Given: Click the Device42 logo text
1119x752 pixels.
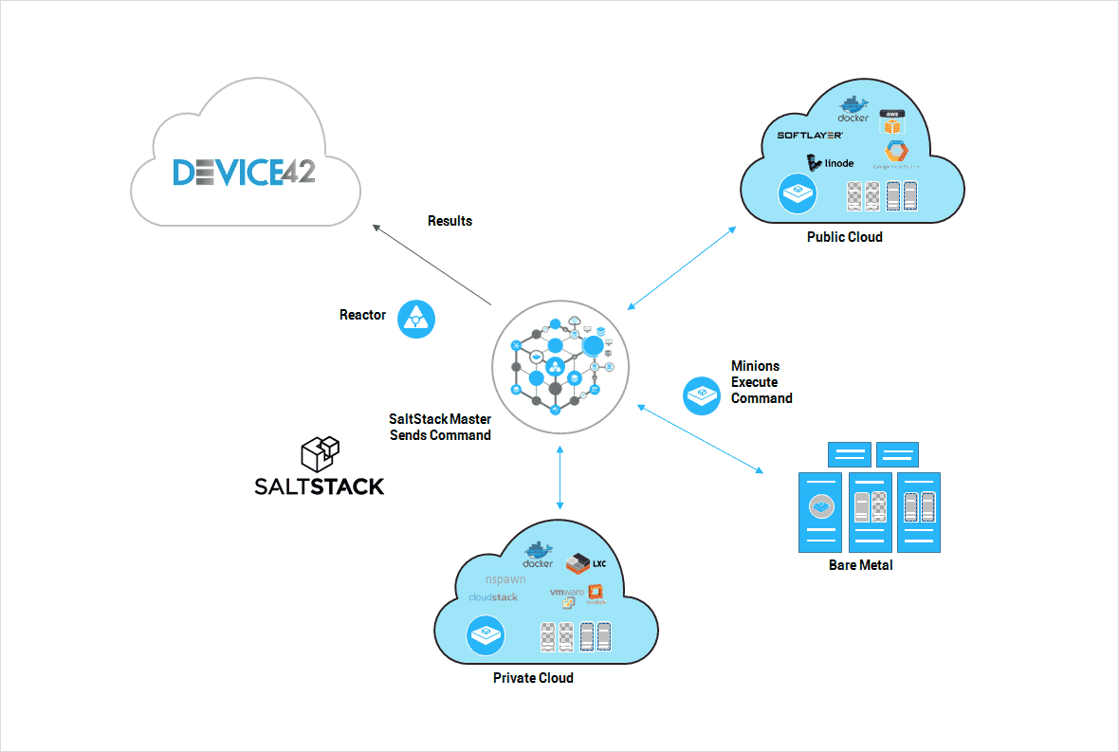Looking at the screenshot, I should pos(245,172).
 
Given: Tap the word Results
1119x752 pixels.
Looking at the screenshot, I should pos(449,221).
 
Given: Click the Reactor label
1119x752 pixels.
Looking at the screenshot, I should pos(362,315).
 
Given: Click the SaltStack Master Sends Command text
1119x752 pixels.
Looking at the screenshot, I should pos(440,427).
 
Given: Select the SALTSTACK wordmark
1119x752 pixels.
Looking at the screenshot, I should pos(320,486).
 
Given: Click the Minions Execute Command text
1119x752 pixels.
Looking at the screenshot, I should pos(761,382).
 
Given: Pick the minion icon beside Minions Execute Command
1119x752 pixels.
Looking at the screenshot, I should pos(703,394).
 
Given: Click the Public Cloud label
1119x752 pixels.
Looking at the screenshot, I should pos(844,237).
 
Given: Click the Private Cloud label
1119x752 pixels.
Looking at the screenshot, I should pos(533,678).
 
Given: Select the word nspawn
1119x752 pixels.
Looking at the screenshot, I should pos(505,578).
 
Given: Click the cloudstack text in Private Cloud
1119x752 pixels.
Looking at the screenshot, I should pos(494,597).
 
